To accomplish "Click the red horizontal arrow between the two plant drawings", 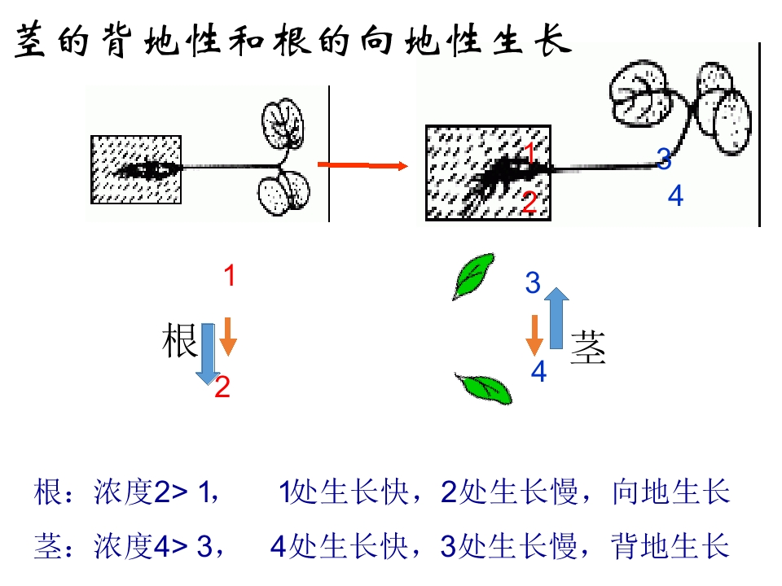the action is (x=362, y=165).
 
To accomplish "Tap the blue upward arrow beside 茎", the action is (x=556, y=318).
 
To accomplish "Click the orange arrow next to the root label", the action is (x=228, y=336).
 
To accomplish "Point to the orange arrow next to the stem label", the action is (x=534, y=335).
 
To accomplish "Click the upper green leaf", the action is (x=472, y=277).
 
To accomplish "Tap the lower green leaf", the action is (x=484, y=389).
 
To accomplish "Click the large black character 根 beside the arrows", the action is (x=179, y=340).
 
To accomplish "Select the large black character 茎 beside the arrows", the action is (x=588, y=348).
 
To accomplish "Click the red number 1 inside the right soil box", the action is (x=529, y=152).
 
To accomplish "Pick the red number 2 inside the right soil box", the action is (x=529, y=202).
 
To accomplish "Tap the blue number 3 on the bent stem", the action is (x=664, y=159).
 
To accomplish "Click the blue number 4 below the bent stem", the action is (x=675, y=195).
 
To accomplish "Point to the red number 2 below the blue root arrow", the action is (x=222, y=387).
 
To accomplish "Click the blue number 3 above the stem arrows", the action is (x=533, y=282).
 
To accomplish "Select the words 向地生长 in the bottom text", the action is (x=670, y=492).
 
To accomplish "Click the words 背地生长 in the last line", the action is (x=670, y=545).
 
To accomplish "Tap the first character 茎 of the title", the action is (x=31, y=40).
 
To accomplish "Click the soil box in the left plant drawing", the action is (x=136, y=169).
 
